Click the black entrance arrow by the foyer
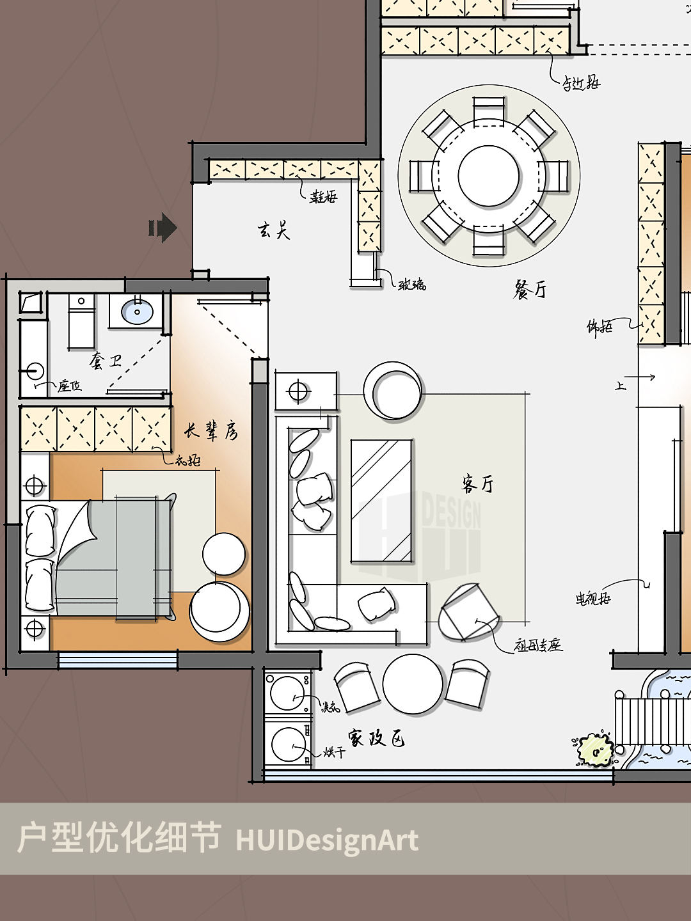(163, 228)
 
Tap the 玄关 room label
(274, 230)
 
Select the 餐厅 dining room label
(530, 290)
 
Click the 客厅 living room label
(477, 484)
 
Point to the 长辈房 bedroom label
(211, 431)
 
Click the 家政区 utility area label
(376, 738)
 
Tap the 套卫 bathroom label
(106, 361)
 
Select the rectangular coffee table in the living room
(381, 501)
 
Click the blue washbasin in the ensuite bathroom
(137, 312)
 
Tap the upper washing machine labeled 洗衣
(287, 693)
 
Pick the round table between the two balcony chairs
(413, 684)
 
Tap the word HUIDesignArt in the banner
(327, 840)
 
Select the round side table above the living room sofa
(393, 391)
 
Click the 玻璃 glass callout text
(412, 285)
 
